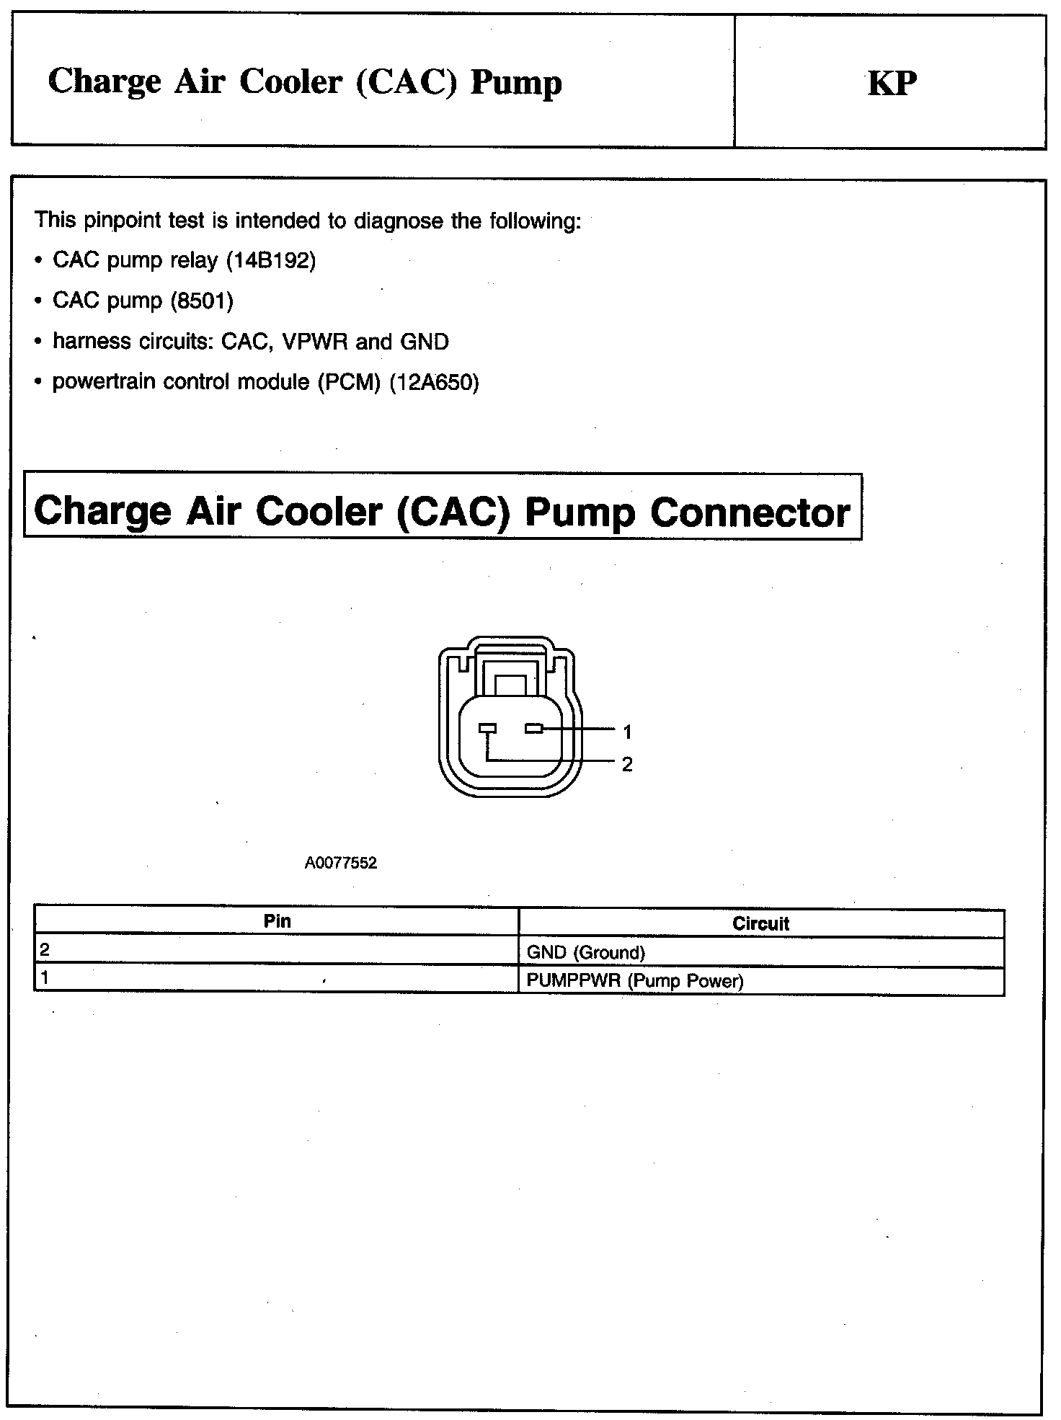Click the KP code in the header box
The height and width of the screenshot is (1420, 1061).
point(892,84)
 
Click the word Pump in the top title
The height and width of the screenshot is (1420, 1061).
point(515,82)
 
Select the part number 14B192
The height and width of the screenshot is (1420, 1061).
point(271,260)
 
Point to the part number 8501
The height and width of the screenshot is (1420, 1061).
point(202,301)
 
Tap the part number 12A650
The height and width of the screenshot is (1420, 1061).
point(434,381)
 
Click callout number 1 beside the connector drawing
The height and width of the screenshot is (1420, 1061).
point(627,732)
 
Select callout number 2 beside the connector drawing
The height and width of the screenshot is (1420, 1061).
point(627,764)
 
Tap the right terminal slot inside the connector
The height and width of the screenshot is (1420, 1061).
point(534,729)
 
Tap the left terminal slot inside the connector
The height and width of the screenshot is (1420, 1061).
point(488,729)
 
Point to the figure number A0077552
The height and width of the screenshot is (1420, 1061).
point(341,863)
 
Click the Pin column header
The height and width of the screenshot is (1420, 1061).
point(278,921)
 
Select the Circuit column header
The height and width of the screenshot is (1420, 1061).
point(760,924)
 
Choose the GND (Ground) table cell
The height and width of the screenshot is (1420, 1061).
point(585,952)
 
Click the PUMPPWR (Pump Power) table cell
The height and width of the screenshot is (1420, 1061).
point(634,981)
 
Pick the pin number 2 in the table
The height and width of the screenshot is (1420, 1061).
point(45,950)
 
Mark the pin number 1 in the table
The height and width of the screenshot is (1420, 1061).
point(45,978)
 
